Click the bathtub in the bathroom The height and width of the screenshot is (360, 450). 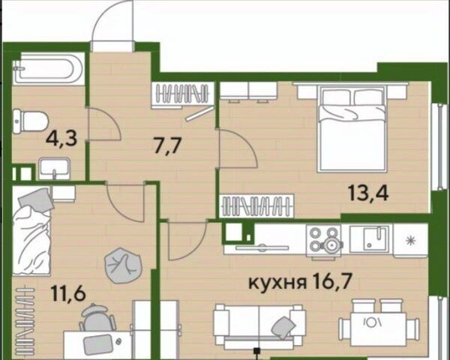tap(49, 69)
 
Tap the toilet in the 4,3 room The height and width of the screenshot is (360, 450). tap(30, 121)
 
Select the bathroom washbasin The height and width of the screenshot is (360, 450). tap(55, 169)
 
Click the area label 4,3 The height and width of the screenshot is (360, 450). tap(61, 139)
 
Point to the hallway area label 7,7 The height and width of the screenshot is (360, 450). tap(168, 146)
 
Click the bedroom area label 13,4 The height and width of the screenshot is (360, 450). tap(368, 192)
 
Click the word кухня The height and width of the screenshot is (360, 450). tap(277, 283)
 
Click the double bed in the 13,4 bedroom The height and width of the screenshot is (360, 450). tap(352, 128)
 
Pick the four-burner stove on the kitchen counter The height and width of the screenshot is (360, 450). tap(324, 241)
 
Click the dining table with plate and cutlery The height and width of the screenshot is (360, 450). tap(379, 323)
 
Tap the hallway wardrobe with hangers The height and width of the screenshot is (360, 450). tap(183, 94)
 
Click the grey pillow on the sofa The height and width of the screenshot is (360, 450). tap(283, 327)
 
